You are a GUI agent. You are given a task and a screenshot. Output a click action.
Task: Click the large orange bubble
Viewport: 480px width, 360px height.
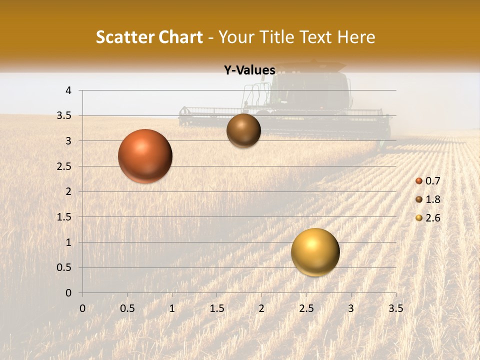tap(145, 156)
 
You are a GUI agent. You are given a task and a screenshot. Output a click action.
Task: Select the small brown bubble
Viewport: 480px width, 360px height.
tap(243, 130)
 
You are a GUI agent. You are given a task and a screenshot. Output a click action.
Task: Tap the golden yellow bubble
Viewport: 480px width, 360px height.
tap(315, 252)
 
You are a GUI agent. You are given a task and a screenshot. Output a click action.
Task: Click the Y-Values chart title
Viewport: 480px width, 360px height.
tap(249, 70)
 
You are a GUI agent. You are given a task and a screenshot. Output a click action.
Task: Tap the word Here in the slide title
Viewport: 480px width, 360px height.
tap(356, 37)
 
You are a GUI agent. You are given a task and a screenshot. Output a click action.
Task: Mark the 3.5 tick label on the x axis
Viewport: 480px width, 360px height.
tap(395, 308)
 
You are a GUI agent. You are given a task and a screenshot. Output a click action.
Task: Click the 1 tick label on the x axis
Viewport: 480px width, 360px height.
tap(172, 308)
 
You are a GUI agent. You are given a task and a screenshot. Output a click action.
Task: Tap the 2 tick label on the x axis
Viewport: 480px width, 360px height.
tap(261, 308)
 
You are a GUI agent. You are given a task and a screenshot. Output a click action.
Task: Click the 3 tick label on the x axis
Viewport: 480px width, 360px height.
tap(351, 308)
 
